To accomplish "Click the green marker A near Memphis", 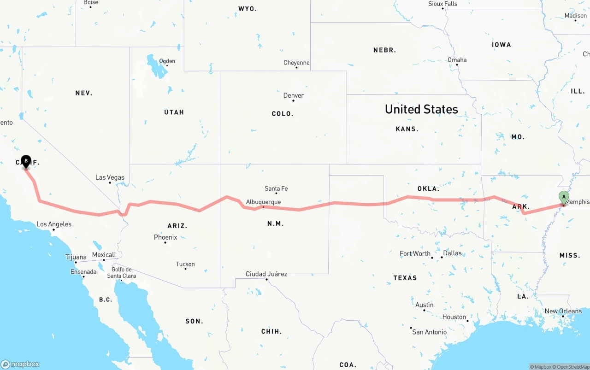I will click(564, 197).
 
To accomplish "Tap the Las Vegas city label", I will click(110, 177).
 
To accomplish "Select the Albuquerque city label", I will click(263, 202).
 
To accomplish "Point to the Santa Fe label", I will click(276, 188).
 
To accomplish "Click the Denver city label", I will click(294, 95).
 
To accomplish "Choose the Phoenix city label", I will click(165, 237).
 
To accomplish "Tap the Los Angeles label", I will click(54, 224).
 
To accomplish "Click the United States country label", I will click(421, 109).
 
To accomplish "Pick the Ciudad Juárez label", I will click(266, 274).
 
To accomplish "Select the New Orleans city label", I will click(563, 311).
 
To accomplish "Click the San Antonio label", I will click(429, 332).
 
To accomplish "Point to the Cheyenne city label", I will click(296, 63).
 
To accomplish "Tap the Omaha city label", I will click(457, 60).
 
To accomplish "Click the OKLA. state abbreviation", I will click(428, 189).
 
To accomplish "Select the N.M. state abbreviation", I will click(275, 223).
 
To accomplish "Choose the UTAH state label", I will click(174, 112).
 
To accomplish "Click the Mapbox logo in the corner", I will click(20, 364).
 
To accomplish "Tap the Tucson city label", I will click(185, 264).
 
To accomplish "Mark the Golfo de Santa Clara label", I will click(122, 273).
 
